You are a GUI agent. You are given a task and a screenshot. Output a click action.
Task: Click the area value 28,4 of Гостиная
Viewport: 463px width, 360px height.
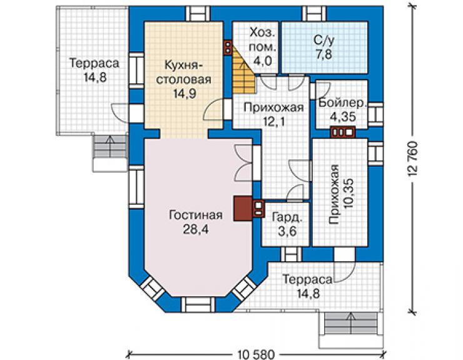195,229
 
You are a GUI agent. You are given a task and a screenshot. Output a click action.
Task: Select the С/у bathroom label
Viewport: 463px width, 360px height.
324,41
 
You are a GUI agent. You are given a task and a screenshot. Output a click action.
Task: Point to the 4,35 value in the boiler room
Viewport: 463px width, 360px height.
342,116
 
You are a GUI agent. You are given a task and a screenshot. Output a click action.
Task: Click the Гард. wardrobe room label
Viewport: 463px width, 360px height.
287,218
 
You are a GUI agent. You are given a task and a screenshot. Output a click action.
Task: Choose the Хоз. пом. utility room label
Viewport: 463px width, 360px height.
262,39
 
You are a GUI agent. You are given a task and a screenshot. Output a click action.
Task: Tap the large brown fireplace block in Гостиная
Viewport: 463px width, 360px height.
243,208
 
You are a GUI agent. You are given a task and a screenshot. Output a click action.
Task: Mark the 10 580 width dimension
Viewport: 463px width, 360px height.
256,354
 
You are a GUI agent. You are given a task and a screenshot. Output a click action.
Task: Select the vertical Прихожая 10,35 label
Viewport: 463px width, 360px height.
341,194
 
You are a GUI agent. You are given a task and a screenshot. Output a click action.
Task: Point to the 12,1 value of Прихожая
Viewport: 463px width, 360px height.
273,121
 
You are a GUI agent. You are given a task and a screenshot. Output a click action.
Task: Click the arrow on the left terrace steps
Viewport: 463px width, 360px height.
111,147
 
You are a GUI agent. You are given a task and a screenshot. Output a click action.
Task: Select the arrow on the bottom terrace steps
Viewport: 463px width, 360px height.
351,323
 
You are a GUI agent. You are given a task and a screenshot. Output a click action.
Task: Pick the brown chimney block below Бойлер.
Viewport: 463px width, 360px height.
343,132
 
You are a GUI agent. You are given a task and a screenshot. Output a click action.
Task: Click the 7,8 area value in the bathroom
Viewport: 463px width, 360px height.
324,54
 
